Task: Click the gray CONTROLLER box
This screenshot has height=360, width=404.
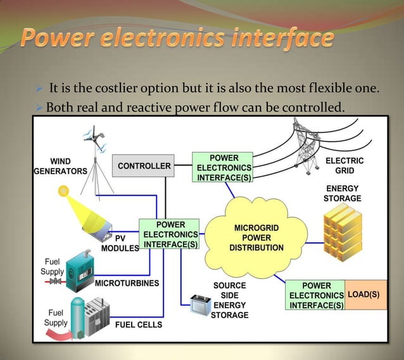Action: click(x=144, y=166)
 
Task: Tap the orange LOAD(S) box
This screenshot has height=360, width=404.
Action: click(x=365, y=295)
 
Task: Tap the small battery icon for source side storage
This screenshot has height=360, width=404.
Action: click(x=201, y=306)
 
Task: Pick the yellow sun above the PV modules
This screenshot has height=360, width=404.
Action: click(x=63, y=191)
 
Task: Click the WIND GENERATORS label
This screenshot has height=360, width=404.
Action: click(x=60, y=166)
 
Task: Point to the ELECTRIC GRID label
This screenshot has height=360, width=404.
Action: click(x=344, y=166)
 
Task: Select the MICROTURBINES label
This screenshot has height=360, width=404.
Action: click(x=127, y=283)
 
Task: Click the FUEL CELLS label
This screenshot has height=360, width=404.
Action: click(x=138, y=325)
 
